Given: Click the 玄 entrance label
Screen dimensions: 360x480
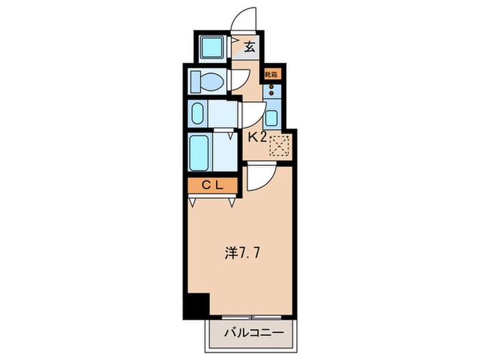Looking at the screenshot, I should (x=250, y=48).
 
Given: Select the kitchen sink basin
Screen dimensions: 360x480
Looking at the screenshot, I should (x=272, y=117).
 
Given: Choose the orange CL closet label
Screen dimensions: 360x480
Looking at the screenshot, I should (x=212, y=185).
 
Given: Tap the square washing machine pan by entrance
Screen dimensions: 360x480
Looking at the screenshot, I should (x=212, y=47).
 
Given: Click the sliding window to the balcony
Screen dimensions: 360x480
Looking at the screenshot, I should (x=252, y=317).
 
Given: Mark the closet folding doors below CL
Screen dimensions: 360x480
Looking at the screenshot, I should (x=212, y=200).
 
